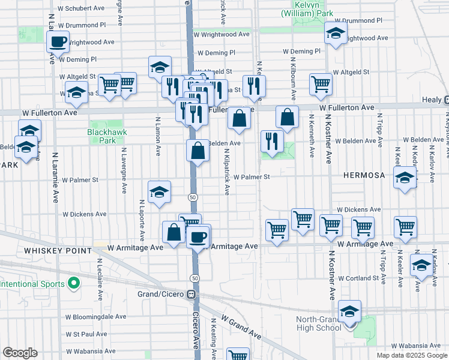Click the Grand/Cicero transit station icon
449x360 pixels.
(x=191, y=295)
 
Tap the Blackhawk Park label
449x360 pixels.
(x=101, y=136)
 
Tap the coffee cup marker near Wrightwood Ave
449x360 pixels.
(x=58, y=42)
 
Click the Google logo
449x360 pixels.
(x=20, y=353)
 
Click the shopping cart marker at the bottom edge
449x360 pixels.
(x=238, y=355)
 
